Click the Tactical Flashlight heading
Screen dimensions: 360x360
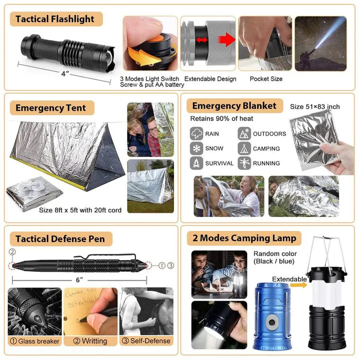click(x=55, y=19)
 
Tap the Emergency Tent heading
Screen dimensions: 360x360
click(x=50, y=107)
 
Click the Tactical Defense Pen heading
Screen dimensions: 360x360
click(x=60, y=239)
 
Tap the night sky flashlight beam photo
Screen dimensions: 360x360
click(x=320, y=43)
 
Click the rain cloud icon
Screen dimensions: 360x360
click(x=196, y=133)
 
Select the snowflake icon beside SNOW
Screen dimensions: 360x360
click(x=196, y=148)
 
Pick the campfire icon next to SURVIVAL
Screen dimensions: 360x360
click(x=196, y=163)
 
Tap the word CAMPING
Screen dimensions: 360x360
click(x=266, y=148)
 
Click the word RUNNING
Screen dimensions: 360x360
click(x=266, y=163)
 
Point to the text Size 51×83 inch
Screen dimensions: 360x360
click(x=315, y=106)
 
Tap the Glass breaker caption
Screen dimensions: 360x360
click(x=35, y=341)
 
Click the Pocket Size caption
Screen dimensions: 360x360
click(x=266, y=79)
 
